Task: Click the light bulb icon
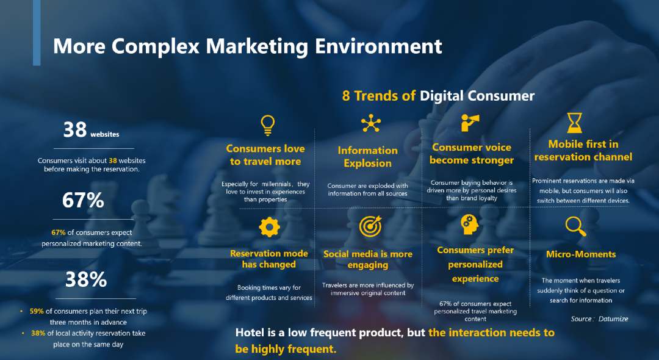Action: [x=268, y=125]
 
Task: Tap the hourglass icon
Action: [x=575, y=123]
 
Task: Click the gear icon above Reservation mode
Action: [x=270, y=227]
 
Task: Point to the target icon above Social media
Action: [x=370, y=226]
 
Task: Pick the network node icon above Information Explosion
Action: [x=371, y=123]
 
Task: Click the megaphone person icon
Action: [x=470, y=123]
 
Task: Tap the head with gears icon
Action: [x=469, y=225]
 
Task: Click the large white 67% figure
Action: [x=83, y=200]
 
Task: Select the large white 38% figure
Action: [x=86, y=279]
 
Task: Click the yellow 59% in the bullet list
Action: [x=37, y=311]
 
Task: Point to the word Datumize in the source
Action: [x=613, y=319]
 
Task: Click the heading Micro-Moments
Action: [x=581, y=254]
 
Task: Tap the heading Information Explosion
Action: [x=368, y=157]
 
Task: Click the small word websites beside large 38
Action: [x=105, y=134]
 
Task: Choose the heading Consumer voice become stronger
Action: [x=472, y=154]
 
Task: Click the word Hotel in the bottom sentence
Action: [x=250, y=333]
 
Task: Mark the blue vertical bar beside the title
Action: [x=37, y=33]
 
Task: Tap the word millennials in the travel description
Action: [x=276, y=184]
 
